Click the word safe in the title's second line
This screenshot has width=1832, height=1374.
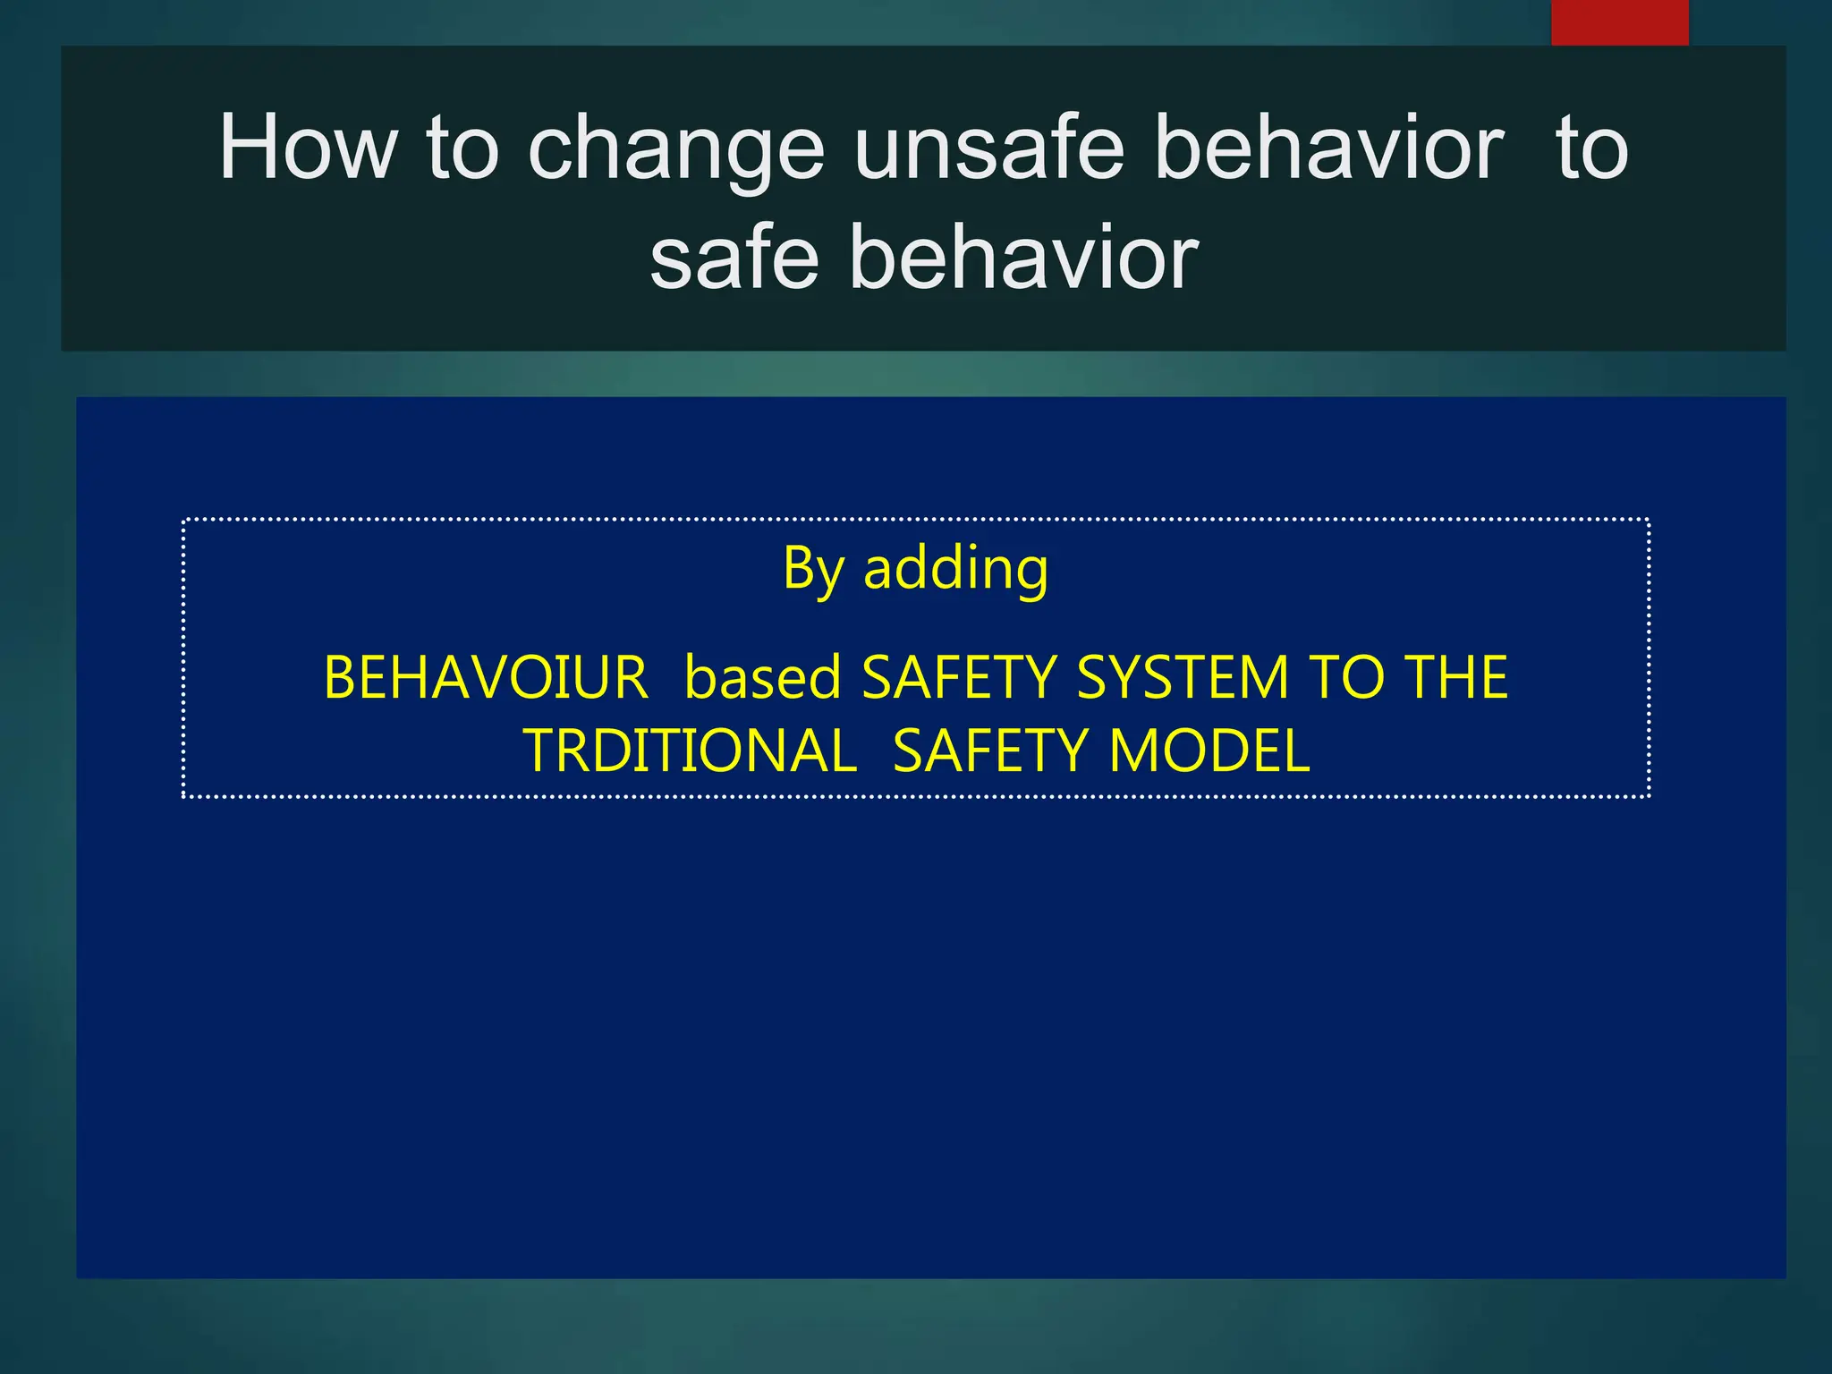pos(734,258)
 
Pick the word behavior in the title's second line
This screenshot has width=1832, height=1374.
pos(1023,258)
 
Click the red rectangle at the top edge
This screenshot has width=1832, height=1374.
pos(1619,22)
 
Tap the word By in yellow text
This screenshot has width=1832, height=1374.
pos(812,569)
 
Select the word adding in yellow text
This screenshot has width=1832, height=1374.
pos(955,569)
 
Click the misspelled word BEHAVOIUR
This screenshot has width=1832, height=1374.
pos(486,677)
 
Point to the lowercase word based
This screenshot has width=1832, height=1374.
pos(762,677)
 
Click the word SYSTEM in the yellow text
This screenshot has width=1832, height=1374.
pos(1183,677)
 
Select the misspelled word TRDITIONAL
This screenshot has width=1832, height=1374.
pos(690,751)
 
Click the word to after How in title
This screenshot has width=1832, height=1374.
pos(462,149)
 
